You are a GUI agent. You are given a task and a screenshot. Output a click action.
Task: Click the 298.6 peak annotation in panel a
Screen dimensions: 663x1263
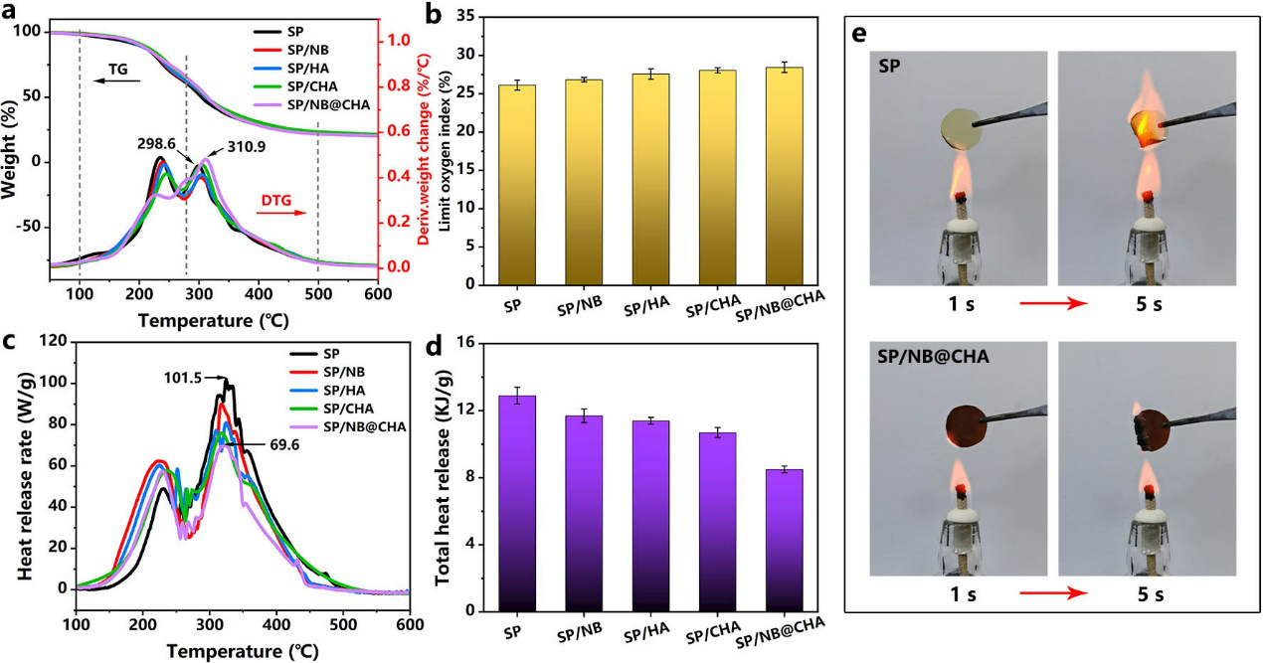tap(156, 144)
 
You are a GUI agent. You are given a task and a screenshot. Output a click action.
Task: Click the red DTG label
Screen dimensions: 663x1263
tap(275, 200)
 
